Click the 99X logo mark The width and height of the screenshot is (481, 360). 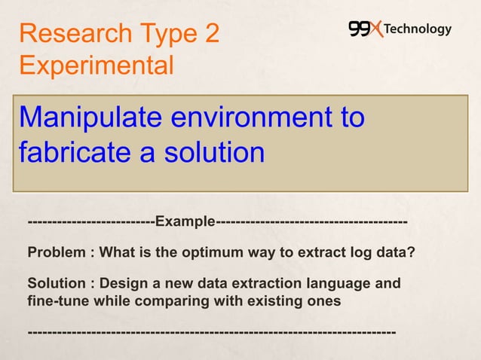[366, 29]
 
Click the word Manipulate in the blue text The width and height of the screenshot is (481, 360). [90, 118]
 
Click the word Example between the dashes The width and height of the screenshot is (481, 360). [185, 223]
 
